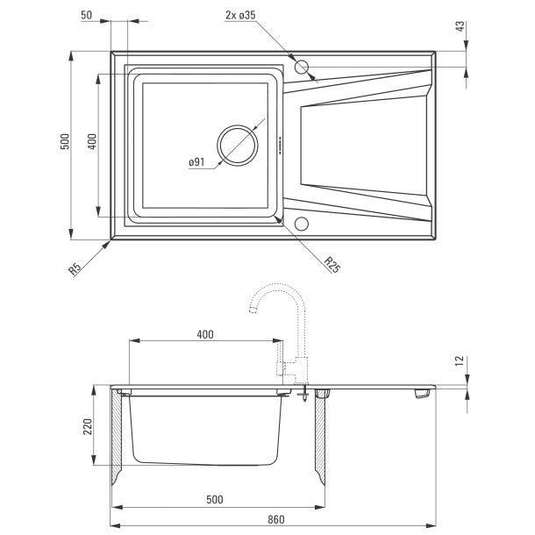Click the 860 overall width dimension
pos(275,519)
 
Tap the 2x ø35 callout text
pos(240,15)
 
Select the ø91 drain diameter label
pos(196,162)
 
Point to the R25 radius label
pos(332,264)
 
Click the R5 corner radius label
pos(75,268)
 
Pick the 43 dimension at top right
pos(460,26)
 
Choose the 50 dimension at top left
pos(86,15)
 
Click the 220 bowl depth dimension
pos(88,426)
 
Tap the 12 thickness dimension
pos(460,361)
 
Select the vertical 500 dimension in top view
pos(65,141)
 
